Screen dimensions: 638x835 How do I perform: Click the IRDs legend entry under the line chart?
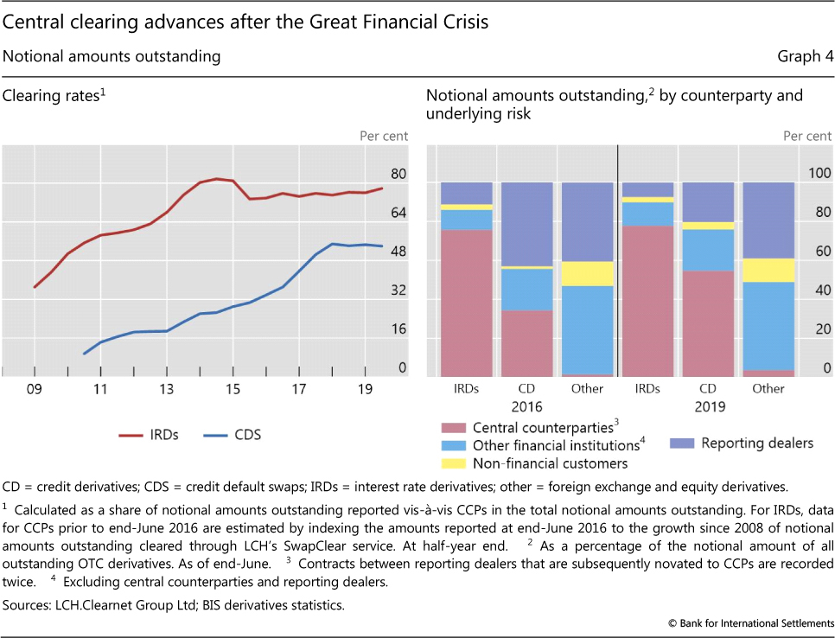148,435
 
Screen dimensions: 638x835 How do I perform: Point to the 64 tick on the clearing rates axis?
398,213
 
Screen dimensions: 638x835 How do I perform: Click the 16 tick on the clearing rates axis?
398,329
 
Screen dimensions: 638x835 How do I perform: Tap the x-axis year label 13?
167,389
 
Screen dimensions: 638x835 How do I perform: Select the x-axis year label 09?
34,389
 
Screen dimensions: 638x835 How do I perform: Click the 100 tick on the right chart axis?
819,174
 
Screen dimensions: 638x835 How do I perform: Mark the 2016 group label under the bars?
526,406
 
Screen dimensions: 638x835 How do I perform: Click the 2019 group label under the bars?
708,406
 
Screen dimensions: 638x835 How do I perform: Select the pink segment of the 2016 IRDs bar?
466,303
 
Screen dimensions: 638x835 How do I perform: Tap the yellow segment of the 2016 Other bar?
587,273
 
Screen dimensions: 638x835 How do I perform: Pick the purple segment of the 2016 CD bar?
526,224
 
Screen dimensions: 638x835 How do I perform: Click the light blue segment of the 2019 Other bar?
768,326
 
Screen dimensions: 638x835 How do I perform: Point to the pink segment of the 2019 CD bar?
708,323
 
